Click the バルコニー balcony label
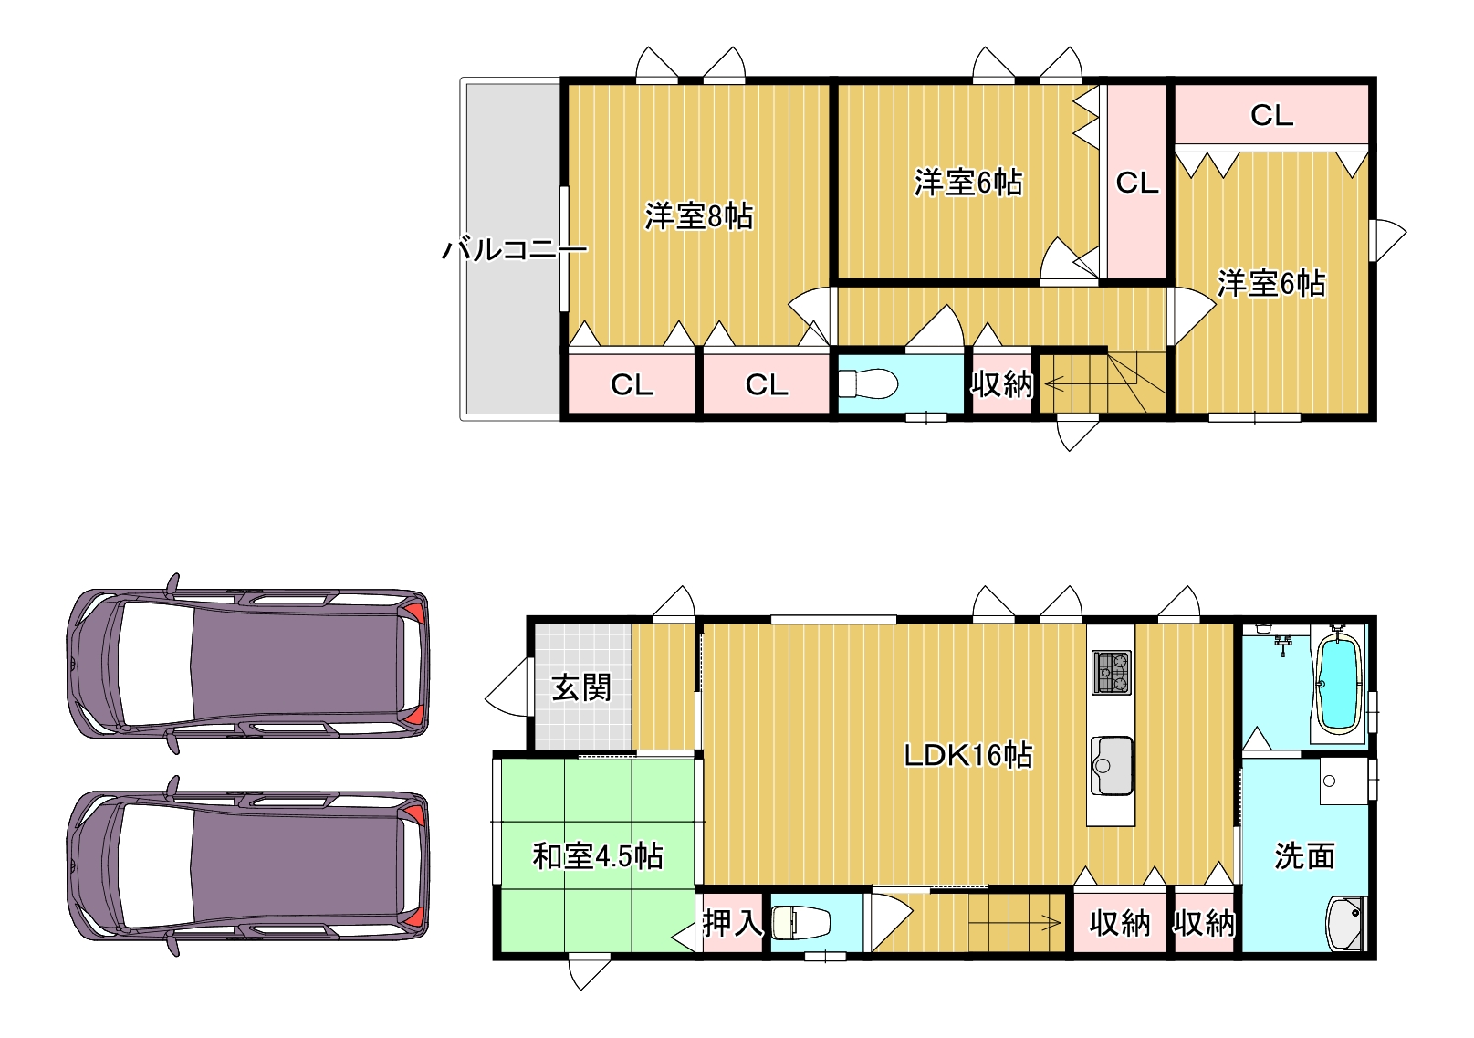(x=514, y=250)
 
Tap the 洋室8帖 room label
(x=699, y=215)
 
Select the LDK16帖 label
(x=968, y=755)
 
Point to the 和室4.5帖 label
(x=598, y=856)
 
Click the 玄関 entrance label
(x=581, y=687)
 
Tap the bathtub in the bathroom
(x=1340, y=685)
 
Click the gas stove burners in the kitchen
(x=1112, y=672)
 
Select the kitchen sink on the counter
(x=1112, y=766)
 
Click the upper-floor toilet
(x=868, y=383)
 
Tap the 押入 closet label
(x=732, y=923)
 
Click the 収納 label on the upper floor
(x=1001, y=383)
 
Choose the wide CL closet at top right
(x=1271, y=114)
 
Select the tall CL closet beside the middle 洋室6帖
(x=1136, y=182)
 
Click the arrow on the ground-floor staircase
(x=1014, y=923)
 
